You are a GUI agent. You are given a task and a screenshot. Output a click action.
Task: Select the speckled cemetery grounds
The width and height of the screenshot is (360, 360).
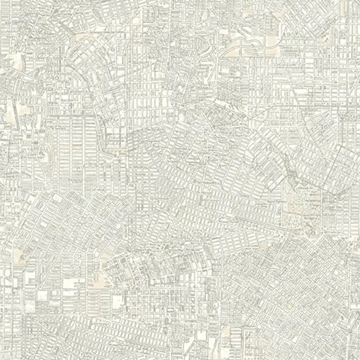pos(300,213)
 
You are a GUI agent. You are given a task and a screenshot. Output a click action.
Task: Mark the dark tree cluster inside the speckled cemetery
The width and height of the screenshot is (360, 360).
pos(310,226)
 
